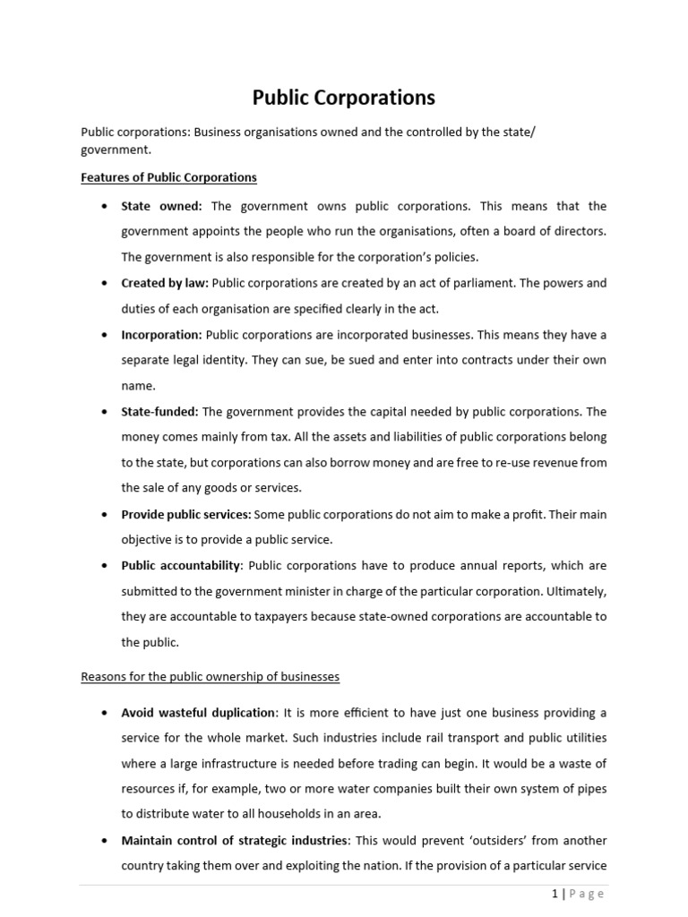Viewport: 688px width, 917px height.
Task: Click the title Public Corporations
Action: pyautogui.click(x=344, y=97)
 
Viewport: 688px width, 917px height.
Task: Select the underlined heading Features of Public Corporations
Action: pyautogui.click(x=169, y=177)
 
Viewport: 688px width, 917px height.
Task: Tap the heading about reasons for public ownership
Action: pyautogui.click(x=211, y=677)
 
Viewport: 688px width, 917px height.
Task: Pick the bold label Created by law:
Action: pyautogui.click(x=165, y=283)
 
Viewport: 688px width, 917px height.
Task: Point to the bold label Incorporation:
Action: pyautogui.click(x=162, y=335)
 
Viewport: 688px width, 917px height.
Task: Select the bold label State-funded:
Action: pyautogui.click(x=160, y=412)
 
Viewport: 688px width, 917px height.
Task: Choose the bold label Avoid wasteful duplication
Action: pyautogui.click(x=199, y=713)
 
